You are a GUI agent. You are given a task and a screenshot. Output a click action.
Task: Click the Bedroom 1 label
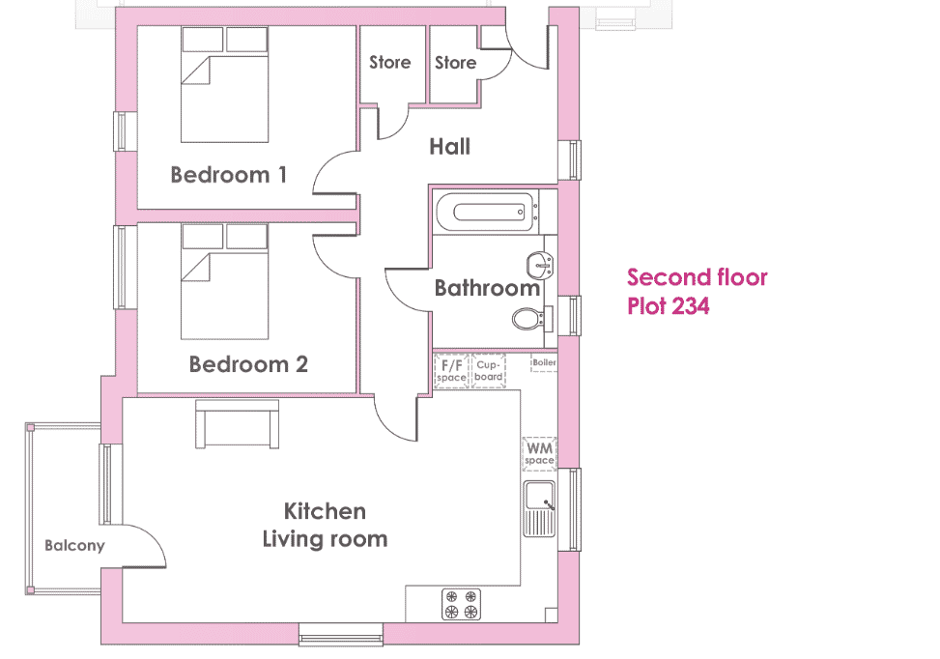tap(228, 175)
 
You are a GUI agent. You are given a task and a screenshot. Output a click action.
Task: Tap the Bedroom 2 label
tap(248, 364)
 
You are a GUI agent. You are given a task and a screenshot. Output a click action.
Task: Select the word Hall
tap(449, 146)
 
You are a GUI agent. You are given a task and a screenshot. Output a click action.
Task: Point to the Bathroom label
tap(487, 288)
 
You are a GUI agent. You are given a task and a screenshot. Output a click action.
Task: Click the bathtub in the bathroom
tap(486, 213)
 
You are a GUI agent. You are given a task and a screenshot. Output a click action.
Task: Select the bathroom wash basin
tap(539, 265)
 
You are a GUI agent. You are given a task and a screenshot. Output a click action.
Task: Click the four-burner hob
tap(461, 604)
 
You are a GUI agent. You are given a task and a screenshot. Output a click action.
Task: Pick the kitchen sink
tap(539, 508)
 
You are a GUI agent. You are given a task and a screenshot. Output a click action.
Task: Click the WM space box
tap(539, 453)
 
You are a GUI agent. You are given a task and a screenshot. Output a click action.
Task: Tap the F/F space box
tap(451, 371)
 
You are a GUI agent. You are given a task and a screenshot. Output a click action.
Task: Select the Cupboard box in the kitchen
tap(489, 371)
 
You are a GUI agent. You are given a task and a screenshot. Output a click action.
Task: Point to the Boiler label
tap(544, 362)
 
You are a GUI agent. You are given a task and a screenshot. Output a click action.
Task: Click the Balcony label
tap(75, 546)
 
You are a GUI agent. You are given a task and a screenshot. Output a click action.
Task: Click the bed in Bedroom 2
tap(225, 282)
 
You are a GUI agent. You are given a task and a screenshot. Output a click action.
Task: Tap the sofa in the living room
tap(238, 424)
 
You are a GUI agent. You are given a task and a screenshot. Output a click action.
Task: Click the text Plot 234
tap(668, 305)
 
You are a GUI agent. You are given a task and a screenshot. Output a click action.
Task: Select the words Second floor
tap(698, 277)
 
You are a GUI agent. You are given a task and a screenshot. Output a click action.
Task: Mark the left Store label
tap(389, 63)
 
